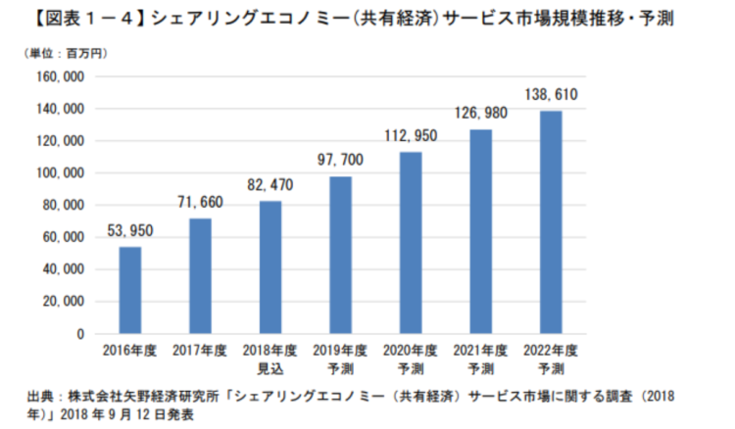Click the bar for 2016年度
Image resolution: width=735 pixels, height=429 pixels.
coord(130,290)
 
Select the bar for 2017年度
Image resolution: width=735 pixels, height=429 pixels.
coord(200,276)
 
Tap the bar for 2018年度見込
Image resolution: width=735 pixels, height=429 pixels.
coord(269,267)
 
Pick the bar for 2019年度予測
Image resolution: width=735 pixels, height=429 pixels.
coord(340,255)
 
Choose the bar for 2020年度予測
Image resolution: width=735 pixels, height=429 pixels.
coord(411,243)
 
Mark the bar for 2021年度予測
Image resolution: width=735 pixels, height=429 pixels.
coord(480,231)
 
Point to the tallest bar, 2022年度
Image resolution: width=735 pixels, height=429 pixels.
coord(551,222)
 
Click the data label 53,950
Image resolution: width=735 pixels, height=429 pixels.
coord(130,231)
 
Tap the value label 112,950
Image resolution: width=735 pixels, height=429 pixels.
coord(411,135)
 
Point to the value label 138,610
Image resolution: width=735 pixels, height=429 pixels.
coord(551,93)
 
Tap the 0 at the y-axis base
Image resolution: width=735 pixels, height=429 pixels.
coord(82,334)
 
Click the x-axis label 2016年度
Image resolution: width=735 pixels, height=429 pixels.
coord(130,350)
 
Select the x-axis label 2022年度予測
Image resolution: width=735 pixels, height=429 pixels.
coord(551,357)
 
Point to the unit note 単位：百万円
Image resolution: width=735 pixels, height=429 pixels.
coord(59,54)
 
